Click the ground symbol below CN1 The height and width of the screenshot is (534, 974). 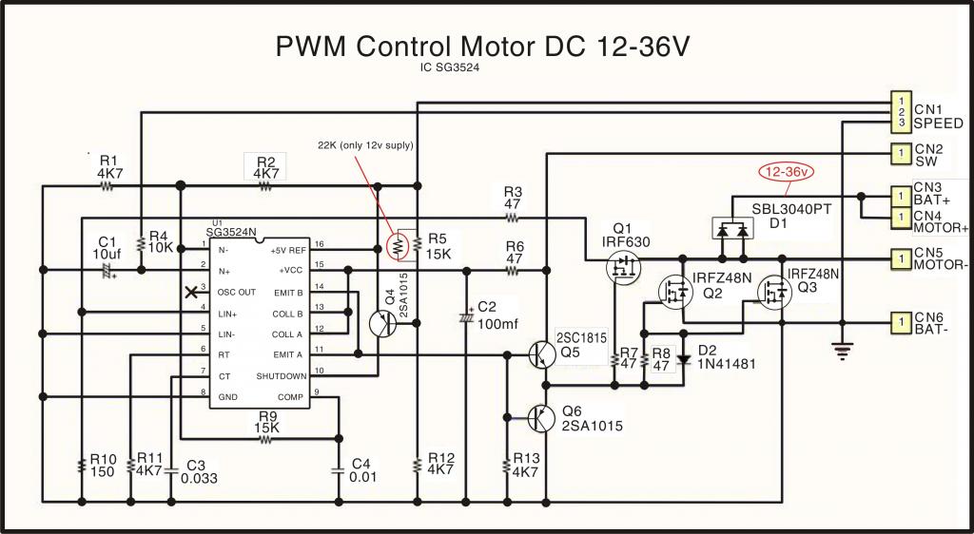[841, 351]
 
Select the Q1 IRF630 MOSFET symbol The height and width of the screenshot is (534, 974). [623, 269]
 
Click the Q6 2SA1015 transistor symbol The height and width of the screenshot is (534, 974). [543, 417]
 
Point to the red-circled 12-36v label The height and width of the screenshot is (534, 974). [787, 173]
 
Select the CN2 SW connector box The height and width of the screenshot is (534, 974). [900, 152]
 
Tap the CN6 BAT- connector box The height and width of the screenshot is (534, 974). [900, 322]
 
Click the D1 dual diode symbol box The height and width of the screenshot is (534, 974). [731, 228]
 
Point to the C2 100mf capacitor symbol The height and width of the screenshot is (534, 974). [465, 315]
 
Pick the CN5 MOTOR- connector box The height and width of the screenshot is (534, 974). [900, 257]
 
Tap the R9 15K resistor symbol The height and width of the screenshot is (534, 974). [268, 439]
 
